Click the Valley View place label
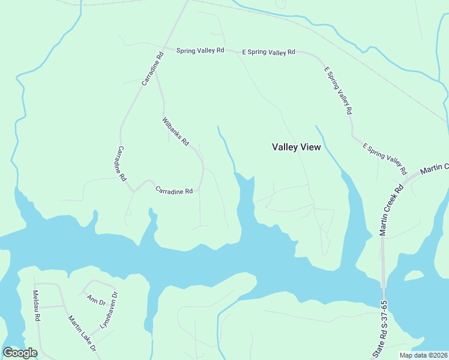[297, 147]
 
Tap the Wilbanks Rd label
[175, 132]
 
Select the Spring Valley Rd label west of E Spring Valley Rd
[200, 51]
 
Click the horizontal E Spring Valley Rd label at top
[268, 52]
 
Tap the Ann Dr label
[95, 299]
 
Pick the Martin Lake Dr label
[82, 334]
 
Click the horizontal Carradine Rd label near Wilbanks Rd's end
[173, 191]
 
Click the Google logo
[20, 353]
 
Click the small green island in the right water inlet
[414, 275]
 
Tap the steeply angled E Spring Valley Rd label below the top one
[338, 91]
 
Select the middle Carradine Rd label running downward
[121, 164]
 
